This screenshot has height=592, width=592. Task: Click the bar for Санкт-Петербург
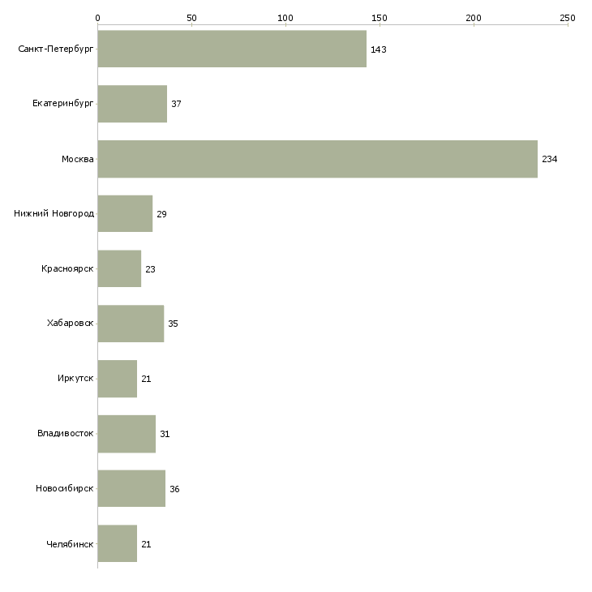coord(232,49)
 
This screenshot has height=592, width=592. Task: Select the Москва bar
coord(318,159)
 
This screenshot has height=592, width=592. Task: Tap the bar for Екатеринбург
coord(132,104)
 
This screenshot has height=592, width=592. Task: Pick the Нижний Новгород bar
coord(125,214)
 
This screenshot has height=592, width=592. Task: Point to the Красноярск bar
coord(119,268)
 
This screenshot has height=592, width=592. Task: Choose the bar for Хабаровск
coord(131,324)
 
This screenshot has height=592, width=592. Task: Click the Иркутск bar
coord(118,379)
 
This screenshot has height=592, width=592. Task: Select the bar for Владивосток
coord(127,434)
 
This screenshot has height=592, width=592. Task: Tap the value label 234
coord(549,159)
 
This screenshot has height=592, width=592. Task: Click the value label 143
coord(378,49)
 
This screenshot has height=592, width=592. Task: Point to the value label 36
coord(174,489)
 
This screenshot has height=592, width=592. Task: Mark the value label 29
coord(161,214)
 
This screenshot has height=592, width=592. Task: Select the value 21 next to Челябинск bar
coord(146,544)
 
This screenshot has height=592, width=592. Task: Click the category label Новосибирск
coord(65,488)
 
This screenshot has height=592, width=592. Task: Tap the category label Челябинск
coord(70,544)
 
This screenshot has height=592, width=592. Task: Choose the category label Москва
coord(77,159)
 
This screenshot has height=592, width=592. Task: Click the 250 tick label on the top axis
coord(568,18)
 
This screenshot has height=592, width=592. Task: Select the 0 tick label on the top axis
coord(98,18)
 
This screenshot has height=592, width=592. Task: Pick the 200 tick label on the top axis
coord(474,18)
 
